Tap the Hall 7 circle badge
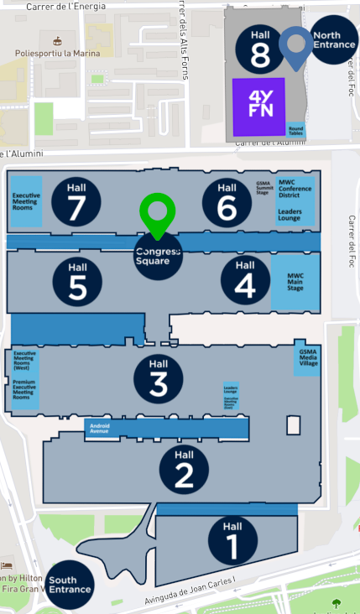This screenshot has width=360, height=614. coord(76,201)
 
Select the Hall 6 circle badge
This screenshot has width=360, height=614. coord(227,201)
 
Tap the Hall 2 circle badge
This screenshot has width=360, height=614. coord(185,466)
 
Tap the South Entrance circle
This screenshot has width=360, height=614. coord(70,585)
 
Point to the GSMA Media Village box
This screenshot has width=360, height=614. coord(308,360)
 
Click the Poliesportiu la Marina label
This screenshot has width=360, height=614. coord(57,54)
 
